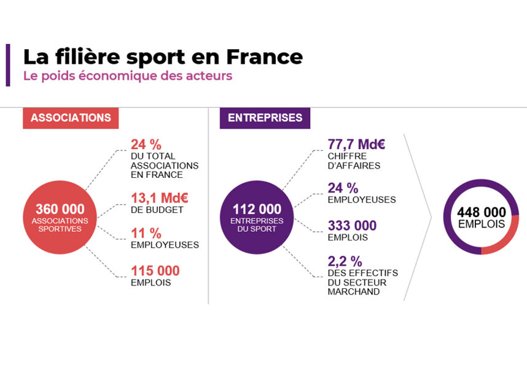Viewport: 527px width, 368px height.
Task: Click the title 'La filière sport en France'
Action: (163, 56)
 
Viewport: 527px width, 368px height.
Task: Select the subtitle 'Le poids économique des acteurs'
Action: (128, 77)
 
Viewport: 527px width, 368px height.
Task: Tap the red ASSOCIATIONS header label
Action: (71, 118)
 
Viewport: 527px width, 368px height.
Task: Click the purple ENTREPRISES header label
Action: (265, 118)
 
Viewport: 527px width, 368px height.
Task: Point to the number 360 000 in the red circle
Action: (60, 209)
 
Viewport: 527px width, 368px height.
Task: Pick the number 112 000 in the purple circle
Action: (257, 209)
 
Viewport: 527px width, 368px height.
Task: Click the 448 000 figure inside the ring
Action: (482, 212)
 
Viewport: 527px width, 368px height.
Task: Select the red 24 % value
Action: (146, 145)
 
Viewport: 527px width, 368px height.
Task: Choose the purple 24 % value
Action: (343, 188)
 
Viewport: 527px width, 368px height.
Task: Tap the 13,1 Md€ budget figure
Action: (160, 198)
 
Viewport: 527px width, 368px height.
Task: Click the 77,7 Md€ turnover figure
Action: (356, 145)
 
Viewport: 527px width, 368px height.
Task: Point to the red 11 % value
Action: (146, 233)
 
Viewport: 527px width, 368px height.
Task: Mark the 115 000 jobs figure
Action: (155, 270)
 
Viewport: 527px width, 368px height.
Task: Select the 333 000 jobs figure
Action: (352, 226)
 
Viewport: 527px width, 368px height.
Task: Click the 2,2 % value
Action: (345, 261)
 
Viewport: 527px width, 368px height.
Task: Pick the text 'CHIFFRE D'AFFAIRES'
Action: (354, 161)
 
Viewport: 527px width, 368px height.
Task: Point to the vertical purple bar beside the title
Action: (8, 65)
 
